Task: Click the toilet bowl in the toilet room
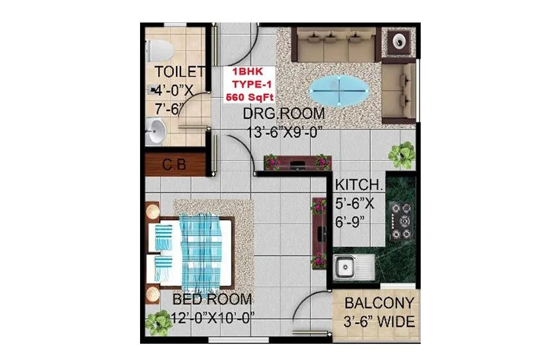tap(157, 50)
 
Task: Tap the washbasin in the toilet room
tap(156, 133)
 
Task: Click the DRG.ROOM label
tap(283, 114)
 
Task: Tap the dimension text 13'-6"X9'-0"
tap(284, 132)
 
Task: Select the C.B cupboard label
tap(173, 165)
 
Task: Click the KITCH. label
tap(360, 185)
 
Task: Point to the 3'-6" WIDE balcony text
tap(379, 322)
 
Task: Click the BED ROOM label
tap(212, 300)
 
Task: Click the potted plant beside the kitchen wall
tap(402, 153)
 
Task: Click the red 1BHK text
tap(247, 73)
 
